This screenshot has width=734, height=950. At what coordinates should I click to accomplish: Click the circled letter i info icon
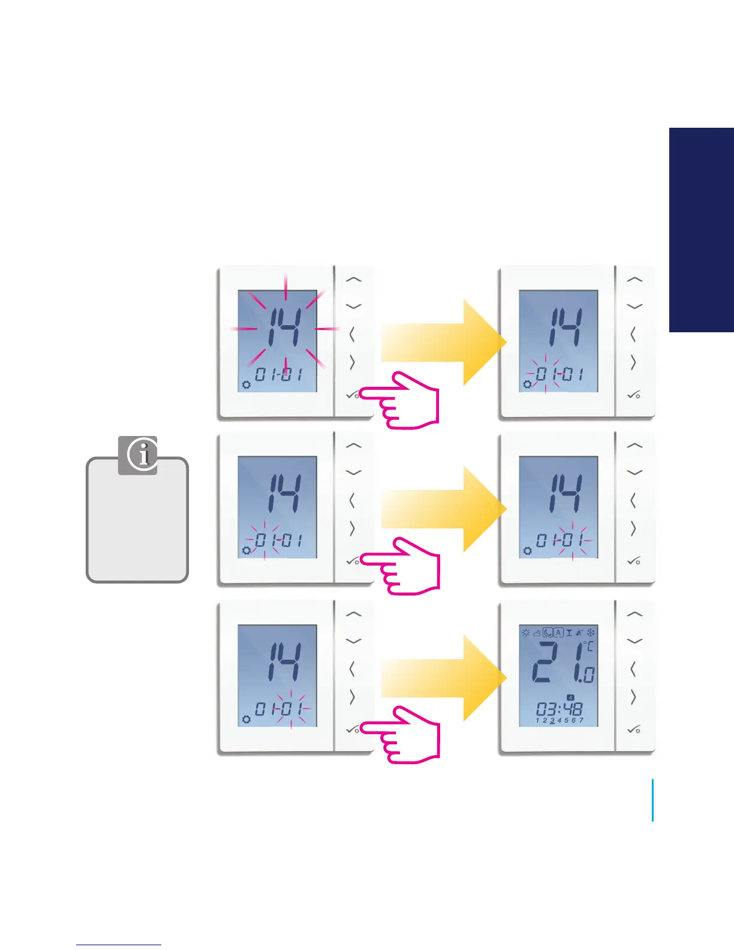[x=143, y=455]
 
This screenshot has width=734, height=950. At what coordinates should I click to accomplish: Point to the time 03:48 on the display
[x=559, y=709]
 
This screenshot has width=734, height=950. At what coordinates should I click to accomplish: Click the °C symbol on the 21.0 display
[x=588, y=646]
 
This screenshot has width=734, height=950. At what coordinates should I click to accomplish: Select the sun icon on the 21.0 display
[x=526, y=633]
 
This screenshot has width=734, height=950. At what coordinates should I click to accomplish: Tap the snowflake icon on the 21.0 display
[x=591, y=633]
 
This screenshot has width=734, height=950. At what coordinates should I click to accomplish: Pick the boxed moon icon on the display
[x=548, y=633]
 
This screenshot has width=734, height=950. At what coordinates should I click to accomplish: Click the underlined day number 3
[x=552, y=721]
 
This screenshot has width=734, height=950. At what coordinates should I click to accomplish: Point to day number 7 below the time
[x=581, y=720]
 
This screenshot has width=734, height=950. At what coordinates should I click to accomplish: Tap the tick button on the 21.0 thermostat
[x=634, y=730]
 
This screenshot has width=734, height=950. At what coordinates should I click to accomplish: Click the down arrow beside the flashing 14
[x=354, y=306]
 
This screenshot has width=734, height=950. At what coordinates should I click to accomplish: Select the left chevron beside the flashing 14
[x=352, y=334]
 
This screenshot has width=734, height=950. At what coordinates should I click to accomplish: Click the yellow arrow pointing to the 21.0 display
[x=444, y=678]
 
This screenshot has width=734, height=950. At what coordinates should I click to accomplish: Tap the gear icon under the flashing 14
[x=246, y=384]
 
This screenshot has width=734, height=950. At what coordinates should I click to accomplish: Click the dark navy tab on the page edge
[x=702, y=230]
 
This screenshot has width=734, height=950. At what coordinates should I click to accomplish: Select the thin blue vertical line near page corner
[x=652, y=800]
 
